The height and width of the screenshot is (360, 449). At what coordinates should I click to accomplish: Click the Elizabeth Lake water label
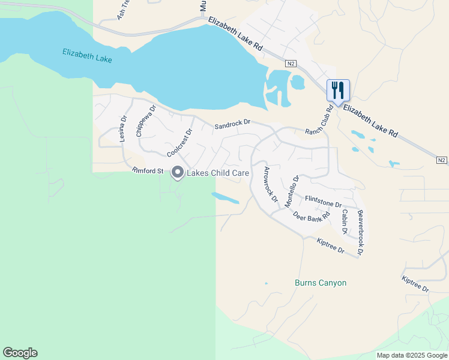tap(87, 56)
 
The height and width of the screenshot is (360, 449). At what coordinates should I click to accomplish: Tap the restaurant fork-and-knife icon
tap(338, 91)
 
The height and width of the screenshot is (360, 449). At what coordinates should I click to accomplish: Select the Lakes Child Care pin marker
tap(178, 173)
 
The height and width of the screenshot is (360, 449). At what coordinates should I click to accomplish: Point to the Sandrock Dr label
tap(232, 125)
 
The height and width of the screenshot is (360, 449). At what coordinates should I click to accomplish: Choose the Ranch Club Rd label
tap(319, 122)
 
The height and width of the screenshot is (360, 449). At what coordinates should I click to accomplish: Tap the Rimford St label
tap(148, 171)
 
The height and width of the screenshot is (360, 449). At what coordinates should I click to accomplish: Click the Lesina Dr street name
tap(122, 128)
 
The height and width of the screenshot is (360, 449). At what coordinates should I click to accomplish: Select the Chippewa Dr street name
tap(145, 121)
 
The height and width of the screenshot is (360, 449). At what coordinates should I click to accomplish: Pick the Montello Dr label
tap(291, 191)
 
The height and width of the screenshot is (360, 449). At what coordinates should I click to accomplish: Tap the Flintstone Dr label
tap(322, 201)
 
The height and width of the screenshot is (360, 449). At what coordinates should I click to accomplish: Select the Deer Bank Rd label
tap(312, 215)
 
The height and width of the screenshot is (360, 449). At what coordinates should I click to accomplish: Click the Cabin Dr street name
tap(345, 221)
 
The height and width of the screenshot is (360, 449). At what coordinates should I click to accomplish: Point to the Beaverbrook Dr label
tap(360, 233)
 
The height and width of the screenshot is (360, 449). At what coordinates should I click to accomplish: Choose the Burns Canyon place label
tap(321, 283)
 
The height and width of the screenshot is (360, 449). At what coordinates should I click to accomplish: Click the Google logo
tap(20, 353)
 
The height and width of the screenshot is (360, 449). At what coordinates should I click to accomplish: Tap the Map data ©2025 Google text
tap(411, 355)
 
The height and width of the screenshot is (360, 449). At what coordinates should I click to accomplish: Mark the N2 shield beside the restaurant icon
tap(291, 64)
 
